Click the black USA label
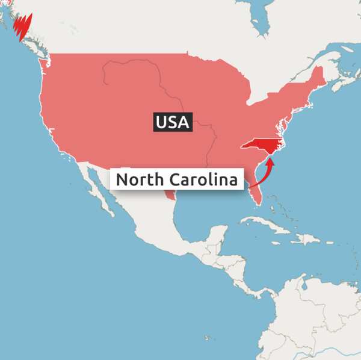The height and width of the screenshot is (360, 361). click(172, 123)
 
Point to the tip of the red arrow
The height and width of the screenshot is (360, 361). click(271, 158)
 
